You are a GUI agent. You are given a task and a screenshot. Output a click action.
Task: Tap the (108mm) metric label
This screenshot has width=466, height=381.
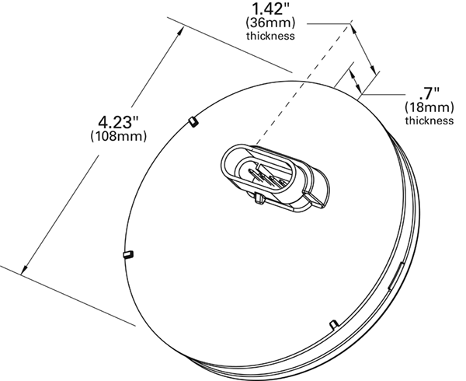(x=118, y=136)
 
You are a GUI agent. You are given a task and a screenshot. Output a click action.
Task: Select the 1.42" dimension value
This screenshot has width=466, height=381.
(x=270, y=9)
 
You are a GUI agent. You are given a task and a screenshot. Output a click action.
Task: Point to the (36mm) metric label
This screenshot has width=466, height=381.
(x=270, y=23)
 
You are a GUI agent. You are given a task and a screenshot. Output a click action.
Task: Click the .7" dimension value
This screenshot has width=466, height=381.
(x=429, y=93)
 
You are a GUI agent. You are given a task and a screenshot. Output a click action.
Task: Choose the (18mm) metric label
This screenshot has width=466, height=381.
(x=429, y=107)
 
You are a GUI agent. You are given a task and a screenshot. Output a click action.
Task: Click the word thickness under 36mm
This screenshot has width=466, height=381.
(x=270, y=36)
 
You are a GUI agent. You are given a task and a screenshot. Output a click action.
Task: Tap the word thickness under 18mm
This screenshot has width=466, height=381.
(x=429, y=121)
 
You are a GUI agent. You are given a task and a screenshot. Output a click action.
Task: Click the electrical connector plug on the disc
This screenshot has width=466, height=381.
(x=275, y=179)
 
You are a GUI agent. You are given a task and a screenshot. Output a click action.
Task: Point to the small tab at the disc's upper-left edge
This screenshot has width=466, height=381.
(x=193, y=121)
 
